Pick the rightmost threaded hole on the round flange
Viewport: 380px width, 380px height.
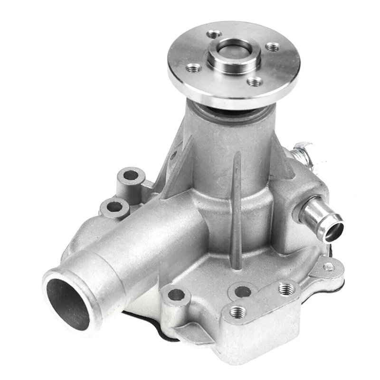click(x=273, y=47)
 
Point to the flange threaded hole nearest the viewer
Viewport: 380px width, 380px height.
click(x=255, y=82)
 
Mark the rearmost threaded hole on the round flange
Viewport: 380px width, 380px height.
click(x=214, y=34)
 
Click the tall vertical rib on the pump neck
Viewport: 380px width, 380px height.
click(x=236, y=204)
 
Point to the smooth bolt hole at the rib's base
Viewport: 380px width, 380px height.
click(x=243, y=291)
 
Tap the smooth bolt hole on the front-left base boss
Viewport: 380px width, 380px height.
click(x=176, y=295)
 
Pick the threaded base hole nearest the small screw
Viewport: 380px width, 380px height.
click(x=286, y=288)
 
